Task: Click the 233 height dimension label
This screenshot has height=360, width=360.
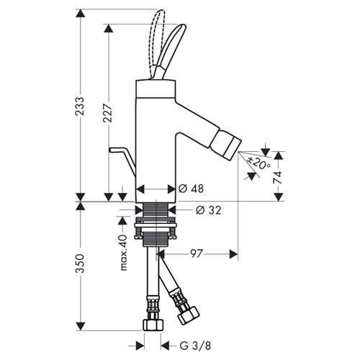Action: click(x=80, y=106)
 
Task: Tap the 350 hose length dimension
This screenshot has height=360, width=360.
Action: click(x=80, y=264)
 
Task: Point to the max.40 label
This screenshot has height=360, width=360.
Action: click(x=123, y=253)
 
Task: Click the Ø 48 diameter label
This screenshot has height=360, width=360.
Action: click(x=191, y=189)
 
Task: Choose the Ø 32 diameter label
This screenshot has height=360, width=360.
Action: click(x=208, y=210)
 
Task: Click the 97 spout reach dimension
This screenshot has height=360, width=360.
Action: click(x=197, y=253)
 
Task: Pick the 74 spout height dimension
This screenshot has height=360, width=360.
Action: click(x=278, y=177)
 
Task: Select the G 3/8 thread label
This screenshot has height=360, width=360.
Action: click(x=195, y=346)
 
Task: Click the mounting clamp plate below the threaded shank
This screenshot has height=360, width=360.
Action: click(x=156, y=226)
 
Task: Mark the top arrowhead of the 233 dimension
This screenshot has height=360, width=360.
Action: click(x=80, y=14)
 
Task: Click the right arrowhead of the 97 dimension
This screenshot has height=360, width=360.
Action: click(x=233, y=254)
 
